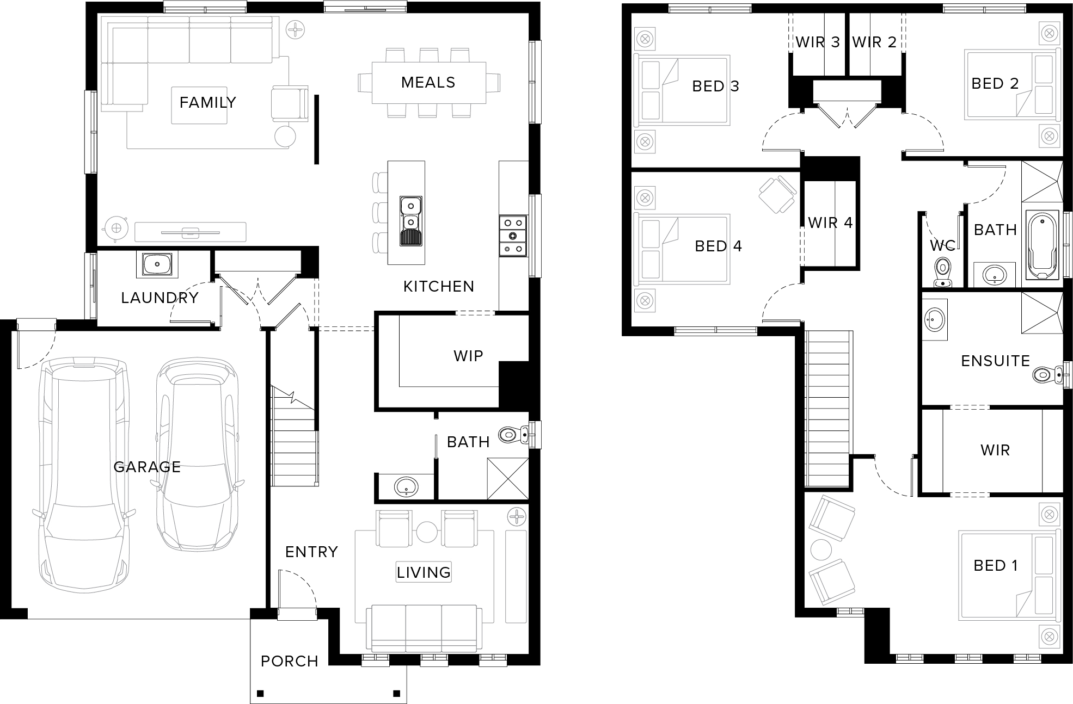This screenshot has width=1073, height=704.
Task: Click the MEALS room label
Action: (x=428, y=83)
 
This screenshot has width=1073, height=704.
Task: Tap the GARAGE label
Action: (x=147, y=467)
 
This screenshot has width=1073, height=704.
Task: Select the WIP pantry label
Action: (x=468, y=356)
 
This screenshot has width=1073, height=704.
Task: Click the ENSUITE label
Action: (x=995, y=361)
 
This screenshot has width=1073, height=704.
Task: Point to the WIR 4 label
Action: (x=830, y=223)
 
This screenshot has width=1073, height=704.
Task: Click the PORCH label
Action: (x=289, y=661)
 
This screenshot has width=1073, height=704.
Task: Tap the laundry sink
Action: (x=157, y=264)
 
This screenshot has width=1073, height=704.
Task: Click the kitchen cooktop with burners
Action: (x=513, y=236)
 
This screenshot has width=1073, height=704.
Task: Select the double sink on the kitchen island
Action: (x=411, y=221)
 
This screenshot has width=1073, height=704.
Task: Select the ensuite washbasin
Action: (x=935, y=319)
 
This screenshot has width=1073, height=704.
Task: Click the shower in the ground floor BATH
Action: (x=507, y=478)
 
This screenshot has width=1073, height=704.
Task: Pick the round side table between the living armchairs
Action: (x=426, y=532)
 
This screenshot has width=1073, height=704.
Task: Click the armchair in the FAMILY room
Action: (x=289, y=102)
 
